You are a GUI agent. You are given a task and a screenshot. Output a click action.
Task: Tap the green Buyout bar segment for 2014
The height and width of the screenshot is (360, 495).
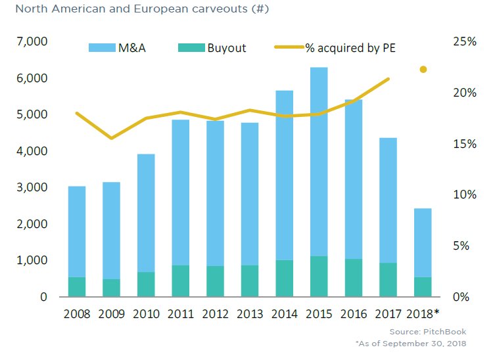point(284,278)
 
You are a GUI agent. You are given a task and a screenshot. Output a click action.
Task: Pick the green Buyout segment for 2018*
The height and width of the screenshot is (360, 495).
point(423,286)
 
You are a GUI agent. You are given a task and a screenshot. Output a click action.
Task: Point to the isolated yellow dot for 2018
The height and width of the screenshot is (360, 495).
point(423,69)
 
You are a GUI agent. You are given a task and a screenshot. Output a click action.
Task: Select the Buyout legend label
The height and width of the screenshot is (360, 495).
point(227,47)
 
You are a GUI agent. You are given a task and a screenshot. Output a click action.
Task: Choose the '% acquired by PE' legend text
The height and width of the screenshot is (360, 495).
point(350,47)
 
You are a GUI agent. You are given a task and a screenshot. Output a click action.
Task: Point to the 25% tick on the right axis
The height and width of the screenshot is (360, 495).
point(465,42)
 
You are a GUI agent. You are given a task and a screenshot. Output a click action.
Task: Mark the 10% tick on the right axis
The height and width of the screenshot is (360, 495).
point(465,195)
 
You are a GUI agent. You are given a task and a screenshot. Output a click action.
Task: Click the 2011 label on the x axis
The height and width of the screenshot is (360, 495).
point(180,313)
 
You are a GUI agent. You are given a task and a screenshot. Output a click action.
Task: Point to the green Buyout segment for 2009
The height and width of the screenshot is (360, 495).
point(111,288)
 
